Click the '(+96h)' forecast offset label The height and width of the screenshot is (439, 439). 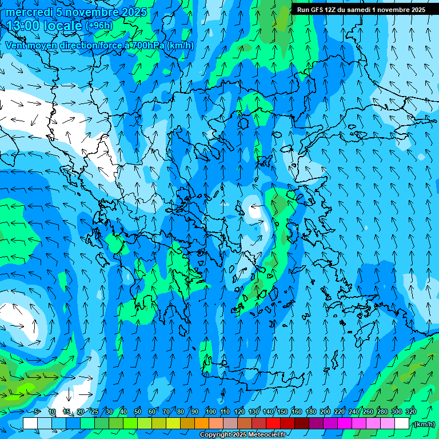(99, 26)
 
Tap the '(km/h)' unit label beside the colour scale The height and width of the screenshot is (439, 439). (424, 424)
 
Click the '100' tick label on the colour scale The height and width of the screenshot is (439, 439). (210, 412)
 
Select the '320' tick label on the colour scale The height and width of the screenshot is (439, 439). (411, 412)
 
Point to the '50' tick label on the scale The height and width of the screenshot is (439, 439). (138, 412)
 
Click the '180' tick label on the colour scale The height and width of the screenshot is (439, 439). (310, 412)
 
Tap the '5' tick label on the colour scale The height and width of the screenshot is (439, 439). (37, 412)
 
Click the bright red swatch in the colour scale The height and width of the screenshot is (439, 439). (273, 424)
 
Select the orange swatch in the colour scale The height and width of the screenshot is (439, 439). (202, 424)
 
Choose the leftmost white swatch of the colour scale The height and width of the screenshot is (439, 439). (30, 424)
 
